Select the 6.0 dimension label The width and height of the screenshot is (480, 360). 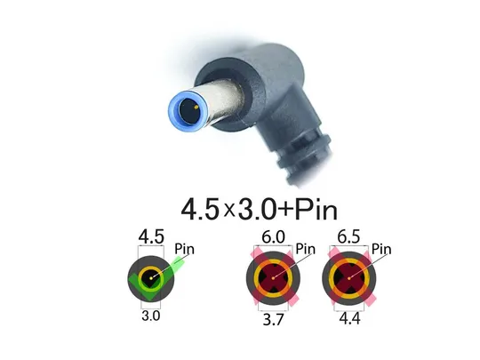click(271, 237)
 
